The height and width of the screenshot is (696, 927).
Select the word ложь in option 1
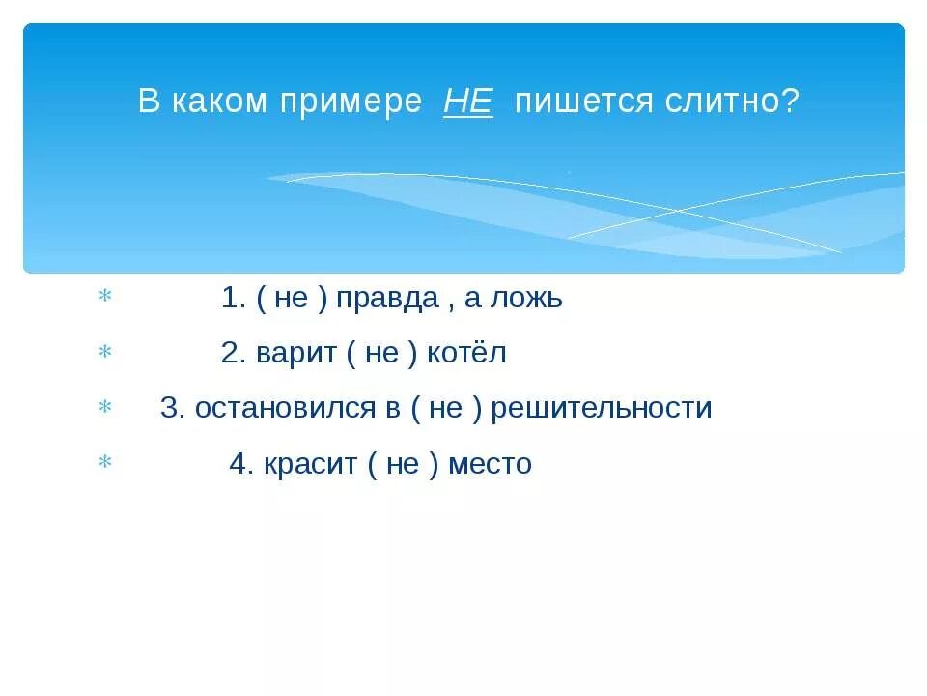(x=527, y=299)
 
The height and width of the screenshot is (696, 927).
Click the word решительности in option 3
(x=602, y=409)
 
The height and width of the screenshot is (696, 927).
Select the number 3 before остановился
(x=169, y=409)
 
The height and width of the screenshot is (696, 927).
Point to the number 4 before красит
(x=239, y=464)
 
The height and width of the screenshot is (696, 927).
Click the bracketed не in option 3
(x=445, y=409)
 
